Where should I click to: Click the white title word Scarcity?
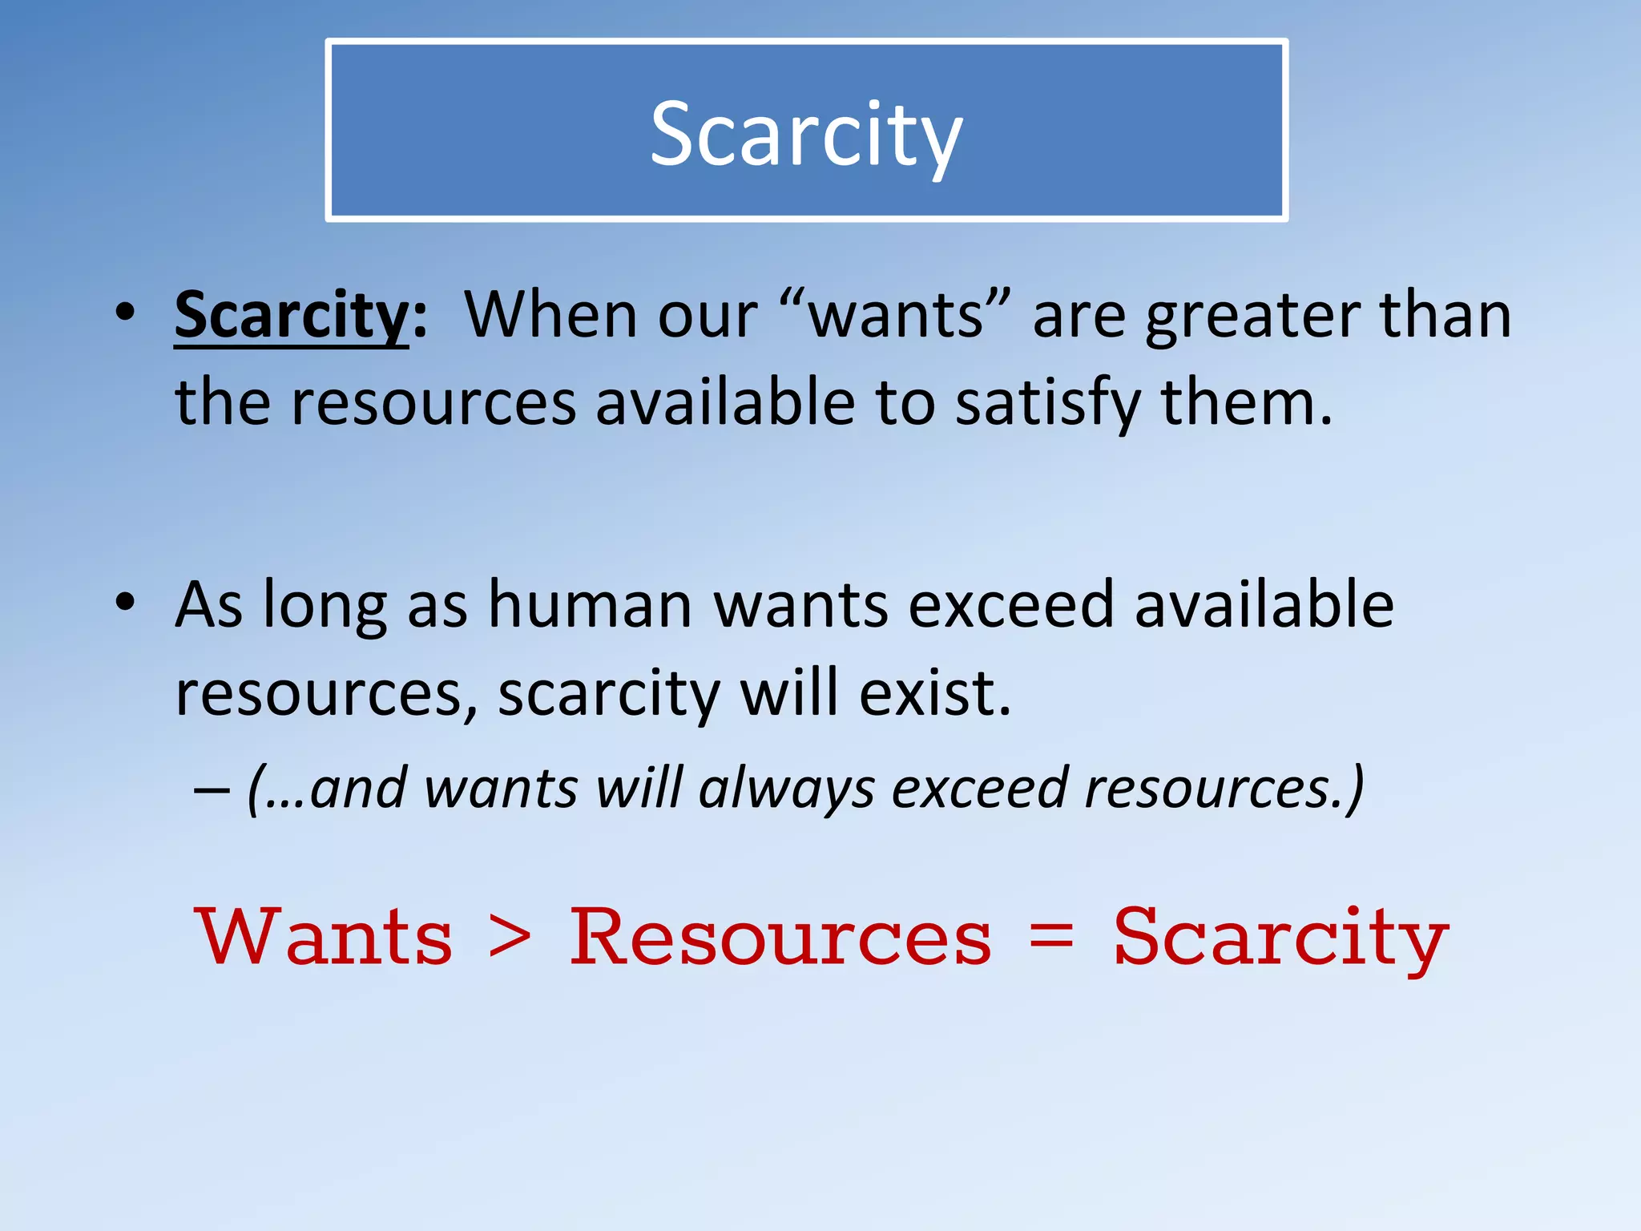806,135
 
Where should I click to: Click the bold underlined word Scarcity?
292,315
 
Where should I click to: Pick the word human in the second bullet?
591,605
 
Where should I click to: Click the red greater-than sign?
510,938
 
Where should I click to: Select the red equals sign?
1050,938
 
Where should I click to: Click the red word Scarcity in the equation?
1280,938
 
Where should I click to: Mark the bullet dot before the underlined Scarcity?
124,313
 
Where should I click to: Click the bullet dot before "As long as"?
124,603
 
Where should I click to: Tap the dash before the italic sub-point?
212,790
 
